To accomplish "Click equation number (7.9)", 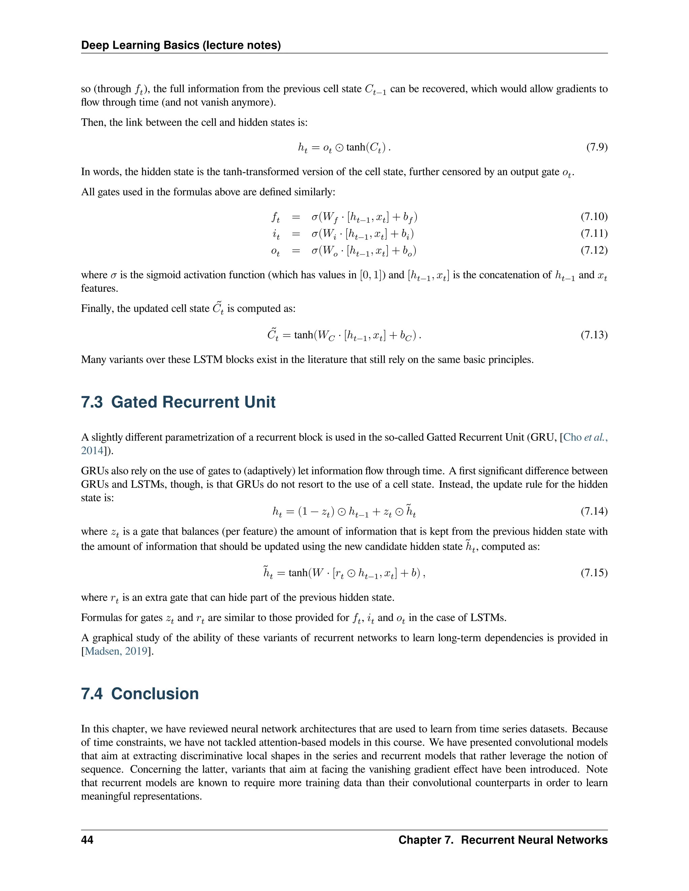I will [597, 147].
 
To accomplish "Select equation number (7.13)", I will [594, 335].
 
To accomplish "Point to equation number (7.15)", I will [594, 573].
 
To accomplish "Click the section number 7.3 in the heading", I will [92, 402].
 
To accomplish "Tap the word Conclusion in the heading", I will [155, 694].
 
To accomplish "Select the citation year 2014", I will [92, 451].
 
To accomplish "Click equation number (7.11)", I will [594, 233].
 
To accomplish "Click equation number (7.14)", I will [594, 511].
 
